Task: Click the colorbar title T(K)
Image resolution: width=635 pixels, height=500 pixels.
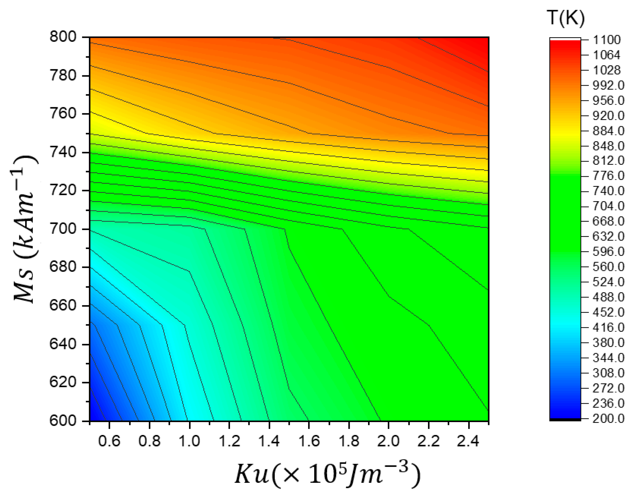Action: click(565, 18)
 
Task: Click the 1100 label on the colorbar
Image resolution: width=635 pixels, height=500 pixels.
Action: click(607, 40)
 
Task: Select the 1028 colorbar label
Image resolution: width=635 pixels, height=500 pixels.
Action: click(607, 70)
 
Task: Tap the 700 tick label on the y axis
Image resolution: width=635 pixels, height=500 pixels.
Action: click(63, 229)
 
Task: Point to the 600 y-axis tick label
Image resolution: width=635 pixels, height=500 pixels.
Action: click(63, 421)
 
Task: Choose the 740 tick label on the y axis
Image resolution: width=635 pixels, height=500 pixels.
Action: click(63, 152)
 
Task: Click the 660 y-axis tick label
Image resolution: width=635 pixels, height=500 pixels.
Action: click(63, 305)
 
